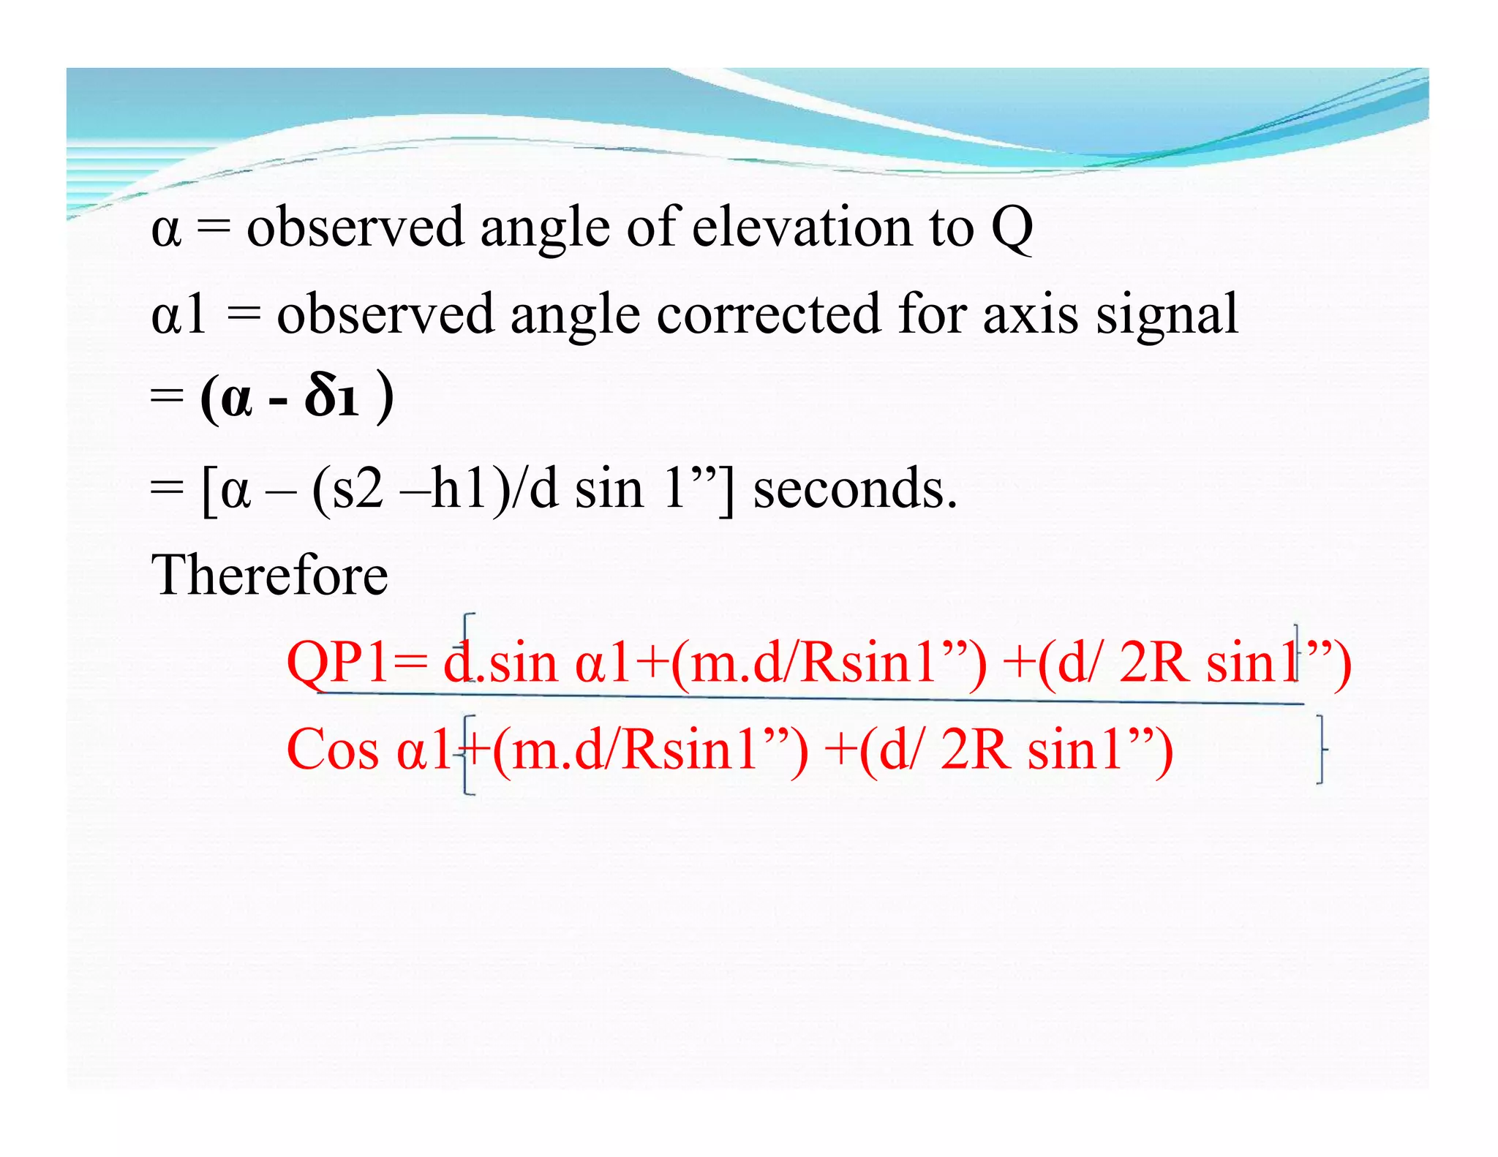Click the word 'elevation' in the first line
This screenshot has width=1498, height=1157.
(x=802, y=227)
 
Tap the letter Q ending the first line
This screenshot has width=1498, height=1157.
(x=1012, y=228)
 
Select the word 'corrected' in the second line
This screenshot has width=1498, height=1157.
(x=768, y=314)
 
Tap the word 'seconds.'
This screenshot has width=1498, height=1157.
(x=854, y=488)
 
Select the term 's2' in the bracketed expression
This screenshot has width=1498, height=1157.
(x=358, y=489)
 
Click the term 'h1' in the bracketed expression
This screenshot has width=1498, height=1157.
(x=460, y=488)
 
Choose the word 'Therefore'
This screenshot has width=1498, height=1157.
(x=269, y=575)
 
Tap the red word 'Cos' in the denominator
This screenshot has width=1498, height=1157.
(x=333, y=750)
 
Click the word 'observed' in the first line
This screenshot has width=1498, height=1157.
(x=355, y=227)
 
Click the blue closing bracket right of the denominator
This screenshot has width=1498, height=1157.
(x=1320, y=750)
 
